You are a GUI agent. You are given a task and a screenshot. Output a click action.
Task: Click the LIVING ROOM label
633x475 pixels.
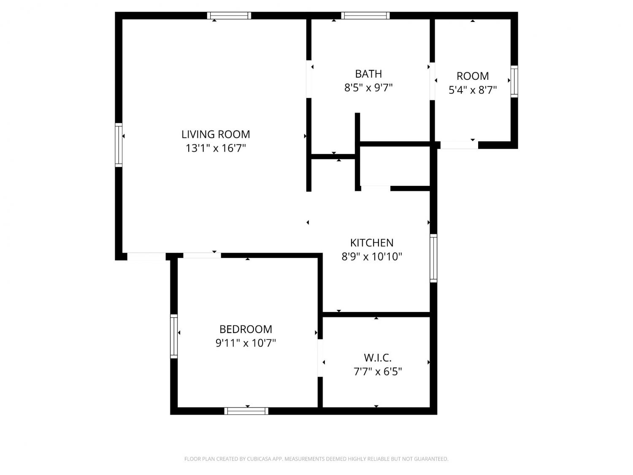tap(215, 134)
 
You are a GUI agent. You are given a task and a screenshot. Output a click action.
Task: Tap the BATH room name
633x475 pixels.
tap(368, 74)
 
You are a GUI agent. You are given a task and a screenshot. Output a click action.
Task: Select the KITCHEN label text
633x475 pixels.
tap(371, 243)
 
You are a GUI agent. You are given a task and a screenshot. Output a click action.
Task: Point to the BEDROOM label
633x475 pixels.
tap(246, 329)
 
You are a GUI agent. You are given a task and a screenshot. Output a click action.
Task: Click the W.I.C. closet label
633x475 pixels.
tap(378, 358)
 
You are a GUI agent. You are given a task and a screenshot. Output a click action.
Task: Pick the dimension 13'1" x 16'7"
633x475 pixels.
tap(215, 148)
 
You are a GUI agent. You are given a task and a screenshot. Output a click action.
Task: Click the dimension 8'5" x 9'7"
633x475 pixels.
tap(368, 88)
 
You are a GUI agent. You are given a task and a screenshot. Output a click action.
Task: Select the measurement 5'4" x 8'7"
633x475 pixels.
tap(472, 90)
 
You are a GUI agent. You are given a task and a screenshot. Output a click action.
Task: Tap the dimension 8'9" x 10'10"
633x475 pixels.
tap(371, 256)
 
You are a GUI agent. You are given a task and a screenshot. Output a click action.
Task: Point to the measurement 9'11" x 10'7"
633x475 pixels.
tap(246, 343)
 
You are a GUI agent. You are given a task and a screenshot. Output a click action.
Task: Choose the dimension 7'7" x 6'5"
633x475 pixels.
tap(378, 372)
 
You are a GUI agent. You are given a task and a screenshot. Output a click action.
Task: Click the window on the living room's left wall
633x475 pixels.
tap(119, 145)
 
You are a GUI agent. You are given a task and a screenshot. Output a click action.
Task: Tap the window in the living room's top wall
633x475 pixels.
tap(229, 16)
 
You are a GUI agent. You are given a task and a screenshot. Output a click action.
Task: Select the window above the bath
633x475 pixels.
tap(365, 16)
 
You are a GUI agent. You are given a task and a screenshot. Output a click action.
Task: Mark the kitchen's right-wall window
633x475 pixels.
tap(433, 258)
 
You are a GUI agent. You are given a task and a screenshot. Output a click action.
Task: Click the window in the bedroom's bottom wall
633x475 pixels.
tap(246, 411)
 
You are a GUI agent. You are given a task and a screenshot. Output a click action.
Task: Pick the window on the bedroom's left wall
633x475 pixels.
tap(173, 336)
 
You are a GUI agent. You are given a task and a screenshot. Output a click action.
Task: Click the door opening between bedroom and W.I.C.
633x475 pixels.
tap(320, 358)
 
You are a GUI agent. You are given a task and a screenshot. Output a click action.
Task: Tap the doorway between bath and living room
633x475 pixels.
tap(308, 79)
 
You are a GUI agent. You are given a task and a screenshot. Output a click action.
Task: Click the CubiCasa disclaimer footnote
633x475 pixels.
tap(316, 459)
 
